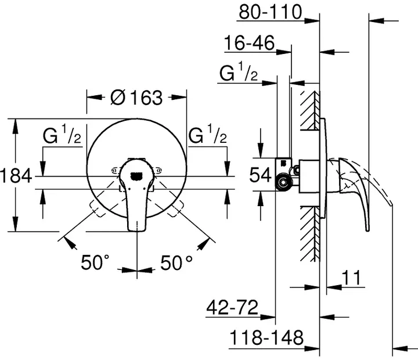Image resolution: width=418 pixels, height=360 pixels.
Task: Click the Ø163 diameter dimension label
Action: [x=136, y=98]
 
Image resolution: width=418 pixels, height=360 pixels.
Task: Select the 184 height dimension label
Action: [x=16, y=175]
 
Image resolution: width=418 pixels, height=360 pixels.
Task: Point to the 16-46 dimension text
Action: [x=250, y=44]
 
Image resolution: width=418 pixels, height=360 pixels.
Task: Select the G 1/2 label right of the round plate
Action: [x=208, y=137]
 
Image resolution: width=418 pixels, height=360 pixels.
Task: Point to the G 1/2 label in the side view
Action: [x=239, y=74]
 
